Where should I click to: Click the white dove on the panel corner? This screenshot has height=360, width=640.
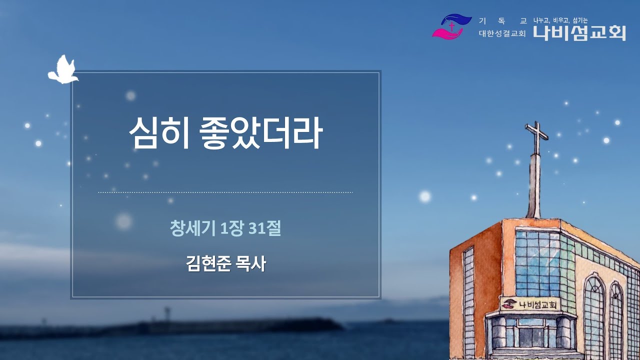(x=62, y=70)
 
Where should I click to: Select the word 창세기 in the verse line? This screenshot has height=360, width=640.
(x=192, y=229)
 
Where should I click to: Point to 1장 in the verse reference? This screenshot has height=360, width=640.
(x=231, y=229)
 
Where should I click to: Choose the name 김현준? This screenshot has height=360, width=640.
(x=208, y=264)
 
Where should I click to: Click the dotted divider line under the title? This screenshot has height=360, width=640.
(x=225, y=192)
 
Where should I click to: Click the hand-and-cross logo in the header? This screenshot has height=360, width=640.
(x=451, y=26)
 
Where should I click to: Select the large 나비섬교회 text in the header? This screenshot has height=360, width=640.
(x=579, y=33)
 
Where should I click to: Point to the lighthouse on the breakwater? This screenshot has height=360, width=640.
(x=166, y=314)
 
